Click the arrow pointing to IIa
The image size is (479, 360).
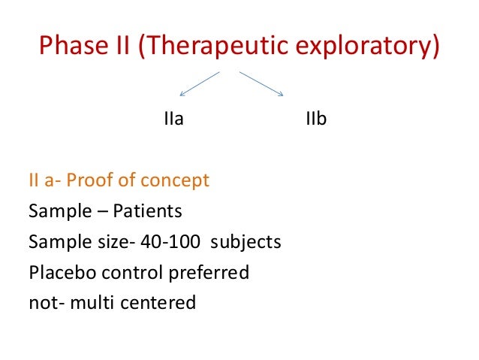tap(199, 83)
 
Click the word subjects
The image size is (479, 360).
tap(246, 242)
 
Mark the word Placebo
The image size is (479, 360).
tap(57, 273)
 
